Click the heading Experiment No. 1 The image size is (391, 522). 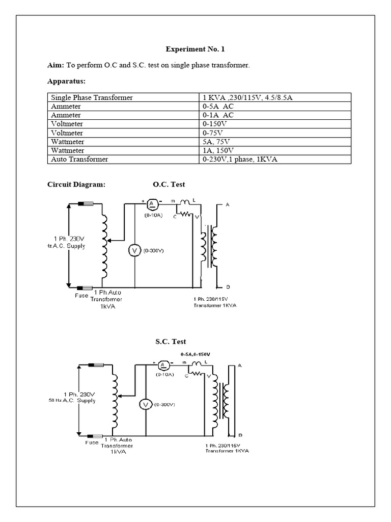click(195, 49)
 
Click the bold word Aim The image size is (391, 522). click(54, 65)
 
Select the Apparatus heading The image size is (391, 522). click(66, 81)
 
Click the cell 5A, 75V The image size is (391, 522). click(216, 142)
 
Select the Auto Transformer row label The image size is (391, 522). click(79, 160)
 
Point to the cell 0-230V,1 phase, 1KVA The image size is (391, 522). click(240, 160)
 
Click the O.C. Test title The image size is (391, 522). click(169, 185)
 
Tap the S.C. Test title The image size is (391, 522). click(171, 342)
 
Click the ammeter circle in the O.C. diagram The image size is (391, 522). click(151, 204)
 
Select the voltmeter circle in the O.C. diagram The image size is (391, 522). click(134, 250)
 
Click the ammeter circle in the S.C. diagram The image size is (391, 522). click(163, 365)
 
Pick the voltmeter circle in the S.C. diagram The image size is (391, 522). click(146, 404)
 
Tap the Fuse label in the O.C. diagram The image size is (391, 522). click(82, 295)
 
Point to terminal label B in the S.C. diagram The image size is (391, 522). click(240, 435)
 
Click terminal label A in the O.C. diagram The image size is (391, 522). click(227, 204)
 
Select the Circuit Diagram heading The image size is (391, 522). click(76, 185)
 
